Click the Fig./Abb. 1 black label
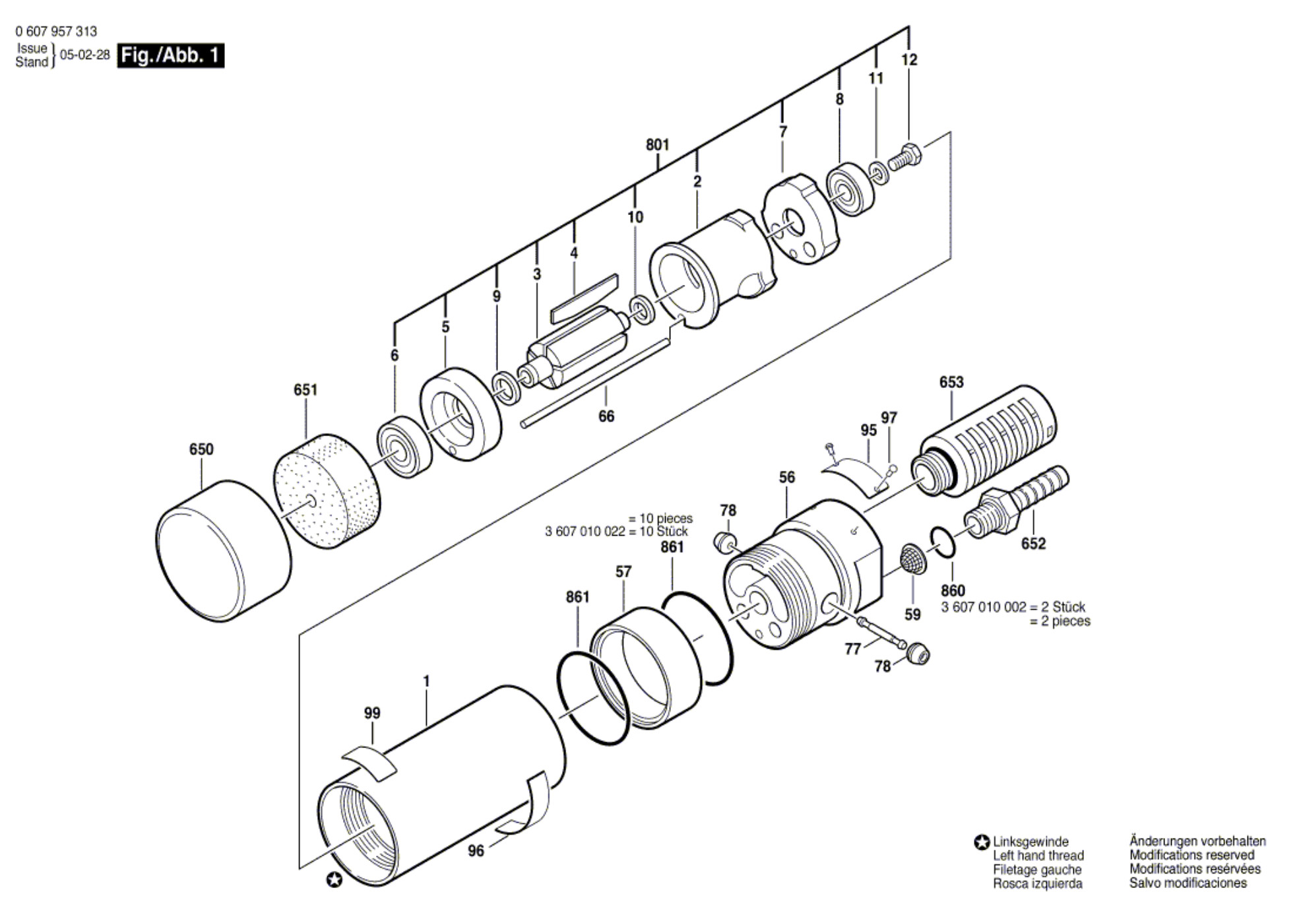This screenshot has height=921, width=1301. [x=170, y=55]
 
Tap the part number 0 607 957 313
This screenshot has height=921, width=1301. [x=56, y=32]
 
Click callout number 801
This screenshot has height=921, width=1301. [x=657, y=144]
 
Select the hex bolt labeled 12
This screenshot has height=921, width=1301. [x=904, y=156]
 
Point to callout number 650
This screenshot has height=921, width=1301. [x=201, y=449]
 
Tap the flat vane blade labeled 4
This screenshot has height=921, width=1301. [x=585, y=299]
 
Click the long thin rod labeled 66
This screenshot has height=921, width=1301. [x=594, y=382]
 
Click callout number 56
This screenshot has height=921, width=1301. [x=786, y=477]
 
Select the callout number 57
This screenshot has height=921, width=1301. [x=623, y=572]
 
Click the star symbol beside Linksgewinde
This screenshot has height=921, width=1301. [x=982, y=842]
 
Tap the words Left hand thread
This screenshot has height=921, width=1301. [x=1038, y=856]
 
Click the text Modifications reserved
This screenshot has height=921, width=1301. [x=1191, y=855]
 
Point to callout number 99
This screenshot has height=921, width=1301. [x=372, y=713]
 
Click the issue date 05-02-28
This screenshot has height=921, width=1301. [x=85, y=55]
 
